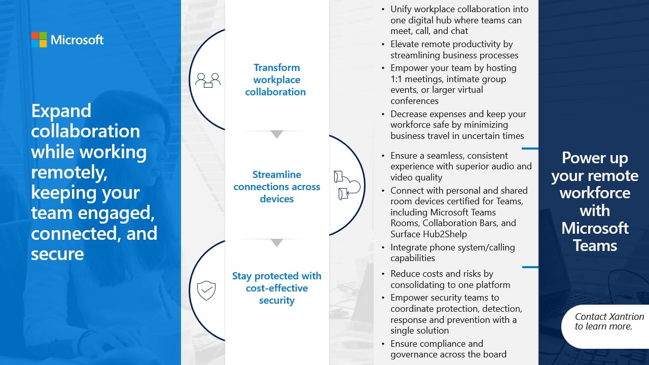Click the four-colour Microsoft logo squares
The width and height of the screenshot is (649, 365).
pyautogui.click(x=39, y=40)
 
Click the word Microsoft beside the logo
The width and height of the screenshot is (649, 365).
pyautogui.click(x=77, y=40)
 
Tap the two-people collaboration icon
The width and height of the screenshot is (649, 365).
pyautogui.click(x=208, y=80)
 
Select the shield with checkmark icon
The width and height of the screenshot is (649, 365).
pyautogui.click(x=206, y=290)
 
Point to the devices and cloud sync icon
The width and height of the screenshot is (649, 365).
pyautogui.click(x=347, y=186)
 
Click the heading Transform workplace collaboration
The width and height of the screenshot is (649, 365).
pyautogui.click(x=276, y=80)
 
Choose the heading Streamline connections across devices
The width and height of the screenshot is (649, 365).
pyautogui.click(x=277, y=187)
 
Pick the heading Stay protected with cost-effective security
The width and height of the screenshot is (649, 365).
pyautogui.click(x=277, y=288)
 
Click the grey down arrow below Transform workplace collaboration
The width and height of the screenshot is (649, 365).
pyautogui.click(x=277, y=134)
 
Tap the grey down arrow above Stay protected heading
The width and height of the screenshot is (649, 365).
pyautogui.click(x=277, y=243)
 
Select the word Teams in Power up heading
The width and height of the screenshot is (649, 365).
pyautogui.click(x=595, y=245)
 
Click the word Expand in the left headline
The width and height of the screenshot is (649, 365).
pyautogui.click(x=61, y=111)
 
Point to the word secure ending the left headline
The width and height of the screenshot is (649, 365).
pyautogui.click(x=57, y=254)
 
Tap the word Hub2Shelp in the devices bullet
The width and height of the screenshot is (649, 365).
pyautogui.click(x=445, y=234)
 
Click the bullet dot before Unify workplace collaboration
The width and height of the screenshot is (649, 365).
pyautogui.click(x=383, y=10)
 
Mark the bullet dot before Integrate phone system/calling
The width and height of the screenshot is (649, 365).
pyautogui.click(x=383, y=248)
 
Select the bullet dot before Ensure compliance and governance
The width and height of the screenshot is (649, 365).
pyautogui.click(x=383, y=344)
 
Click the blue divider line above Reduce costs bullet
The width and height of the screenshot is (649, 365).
pyautogui.click(x=530, y=267)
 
